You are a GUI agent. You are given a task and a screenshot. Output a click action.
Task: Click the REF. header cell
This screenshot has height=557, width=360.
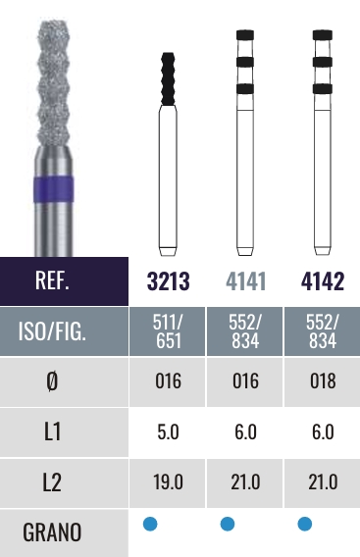tap(64, 281)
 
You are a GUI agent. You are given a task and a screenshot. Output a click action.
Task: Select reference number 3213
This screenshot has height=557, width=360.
tap(168, 281)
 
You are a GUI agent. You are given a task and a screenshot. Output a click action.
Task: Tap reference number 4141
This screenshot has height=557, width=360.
tap(245, 281)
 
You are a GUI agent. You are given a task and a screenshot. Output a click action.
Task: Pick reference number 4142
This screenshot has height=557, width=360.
tap(323, 281)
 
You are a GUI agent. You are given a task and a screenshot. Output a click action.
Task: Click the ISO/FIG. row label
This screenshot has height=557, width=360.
tap(52, 331)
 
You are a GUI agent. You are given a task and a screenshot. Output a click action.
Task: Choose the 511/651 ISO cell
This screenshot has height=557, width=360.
tap(168, 331)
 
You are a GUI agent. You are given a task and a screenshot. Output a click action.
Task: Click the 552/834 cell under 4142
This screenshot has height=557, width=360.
tap(323, 331)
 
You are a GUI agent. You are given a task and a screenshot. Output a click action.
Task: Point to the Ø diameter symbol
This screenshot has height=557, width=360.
tap(52, 381)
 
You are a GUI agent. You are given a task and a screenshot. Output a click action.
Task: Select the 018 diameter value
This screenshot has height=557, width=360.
tap(323, 381)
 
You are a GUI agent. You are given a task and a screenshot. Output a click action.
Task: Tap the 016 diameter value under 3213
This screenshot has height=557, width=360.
tap(168, 381)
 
